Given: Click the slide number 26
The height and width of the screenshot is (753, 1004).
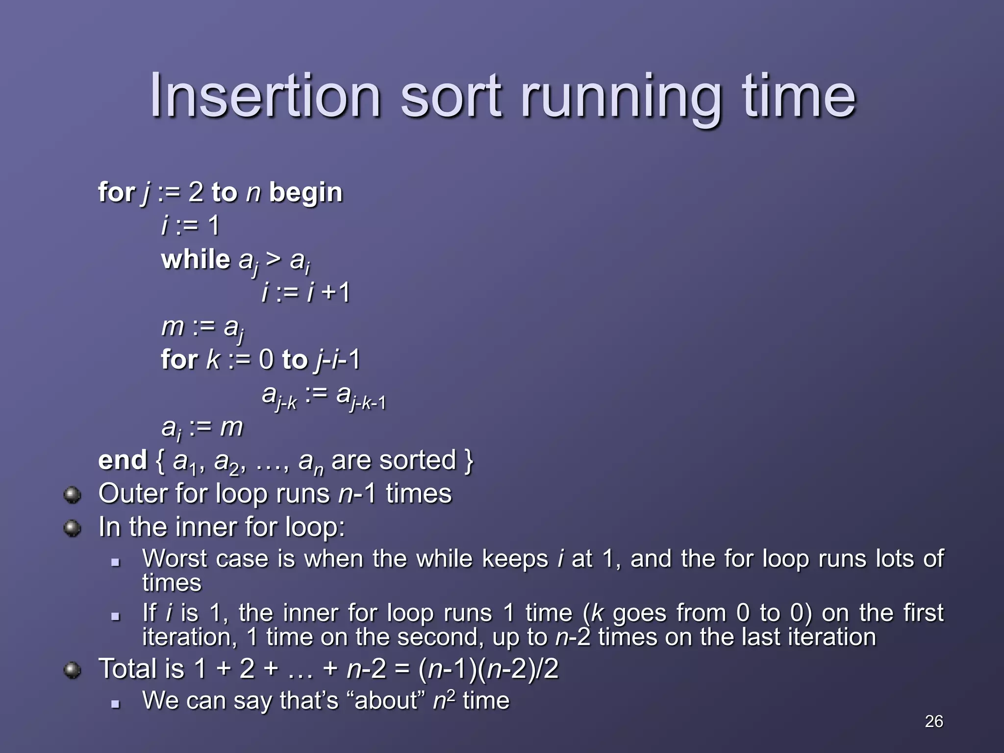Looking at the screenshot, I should pos(933,721).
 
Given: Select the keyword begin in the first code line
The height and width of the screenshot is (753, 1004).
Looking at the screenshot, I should pos(306,193).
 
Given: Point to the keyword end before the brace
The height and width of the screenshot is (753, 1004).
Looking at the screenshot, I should pos(123,460).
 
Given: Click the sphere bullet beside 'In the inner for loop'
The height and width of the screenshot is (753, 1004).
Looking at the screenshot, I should pos(73,528).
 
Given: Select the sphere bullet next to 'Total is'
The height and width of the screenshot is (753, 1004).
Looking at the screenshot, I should pos(73,670).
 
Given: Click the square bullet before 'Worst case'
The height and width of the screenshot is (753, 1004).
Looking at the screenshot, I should pos(116,563).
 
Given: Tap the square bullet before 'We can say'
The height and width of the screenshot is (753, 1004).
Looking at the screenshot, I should pos(116,704).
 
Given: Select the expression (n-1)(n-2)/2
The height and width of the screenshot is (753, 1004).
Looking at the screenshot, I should pos(488,669).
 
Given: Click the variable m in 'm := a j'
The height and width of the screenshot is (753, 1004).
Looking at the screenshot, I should pos(172,327).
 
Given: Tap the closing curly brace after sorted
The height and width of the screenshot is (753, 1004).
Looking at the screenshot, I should pos(468,461).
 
